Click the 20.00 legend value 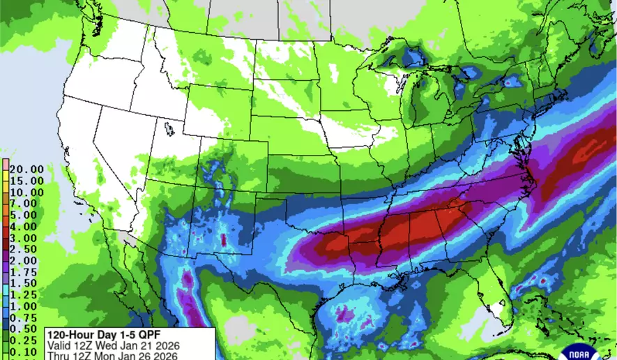(x=25, y=169)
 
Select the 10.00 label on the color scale (x=25, y=192)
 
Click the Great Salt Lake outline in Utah (x=169, y=129)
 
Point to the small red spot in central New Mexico (x=223, y=241)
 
